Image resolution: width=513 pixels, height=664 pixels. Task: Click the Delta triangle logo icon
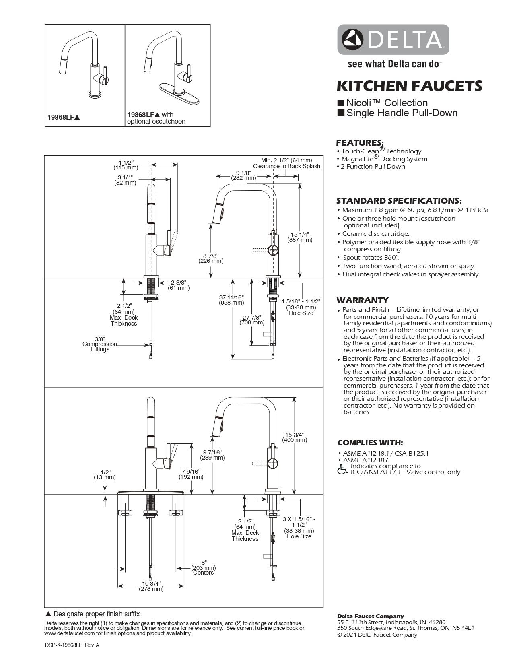coord(352,39)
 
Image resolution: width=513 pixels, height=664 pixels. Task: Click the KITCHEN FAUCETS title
coord(409,86)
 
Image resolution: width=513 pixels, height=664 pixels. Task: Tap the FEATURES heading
coord(360,142)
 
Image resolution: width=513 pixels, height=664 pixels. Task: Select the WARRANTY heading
coord(362,300)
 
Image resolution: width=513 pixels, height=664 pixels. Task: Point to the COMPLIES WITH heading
coord(370,443)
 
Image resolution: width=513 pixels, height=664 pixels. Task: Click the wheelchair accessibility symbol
coord(342,469)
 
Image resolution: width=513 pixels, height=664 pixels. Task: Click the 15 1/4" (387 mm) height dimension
coord(300,237)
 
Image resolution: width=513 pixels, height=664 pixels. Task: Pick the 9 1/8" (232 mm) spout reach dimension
coord(243,175)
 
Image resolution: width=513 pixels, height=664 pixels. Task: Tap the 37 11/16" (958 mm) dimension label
coord(231,300)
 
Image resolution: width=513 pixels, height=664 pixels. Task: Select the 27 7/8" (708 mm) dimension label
coord(252,320)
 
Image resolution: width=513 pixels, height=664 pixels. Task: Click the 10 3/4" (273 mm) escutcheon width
coord(151,586)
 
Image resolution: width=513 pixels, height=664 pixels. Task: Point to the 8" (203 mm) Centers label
coord(204,567)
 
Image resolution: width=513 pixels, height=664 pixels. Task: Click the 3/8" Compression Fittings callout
coord(100,344)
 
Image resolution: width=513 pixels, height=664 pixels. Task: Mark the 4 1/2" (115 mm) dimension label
coord(126,165)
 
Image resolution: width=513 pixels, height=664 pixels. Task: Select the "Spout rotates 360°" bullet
coord(371,258)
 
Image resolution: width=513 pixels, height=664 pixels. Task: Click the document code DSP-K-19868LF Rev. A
coord(72,645)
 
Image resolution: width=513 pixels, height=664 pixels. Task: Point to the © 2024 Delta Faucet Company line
coord(377,635)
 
